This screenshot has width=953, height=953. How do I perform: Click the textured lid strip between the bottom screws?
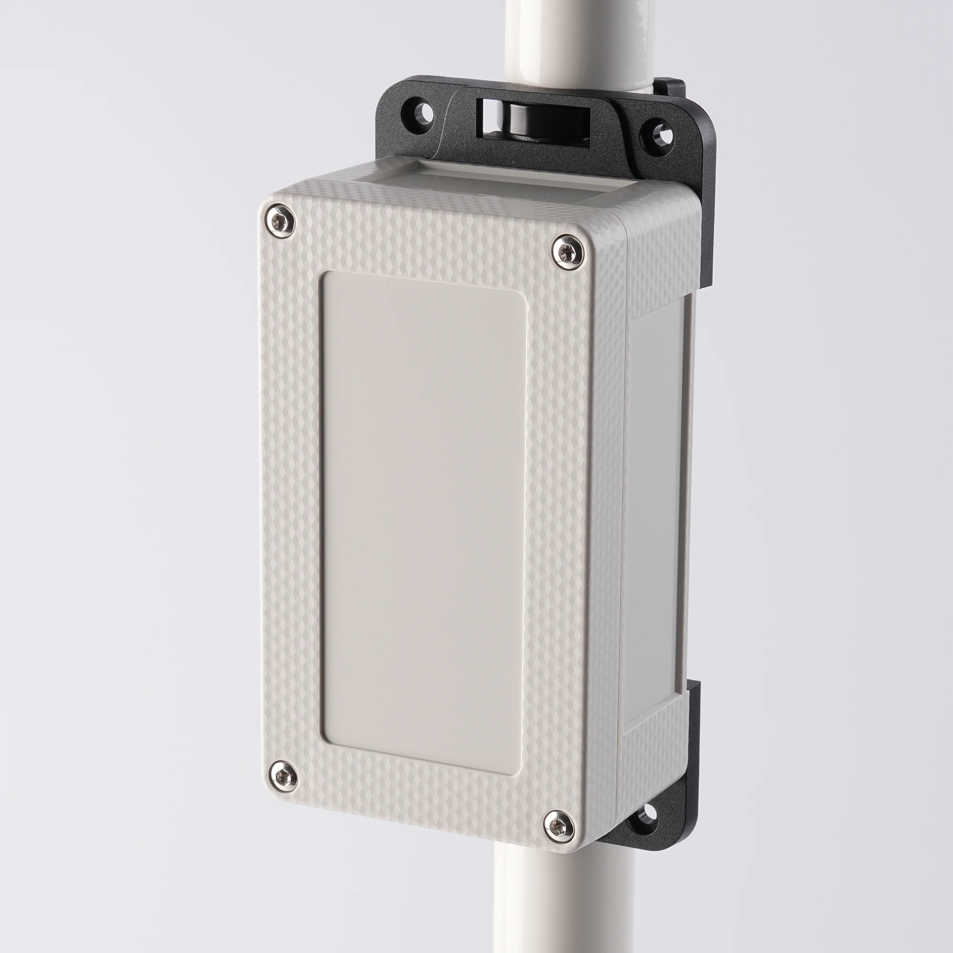click(419, 801)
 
